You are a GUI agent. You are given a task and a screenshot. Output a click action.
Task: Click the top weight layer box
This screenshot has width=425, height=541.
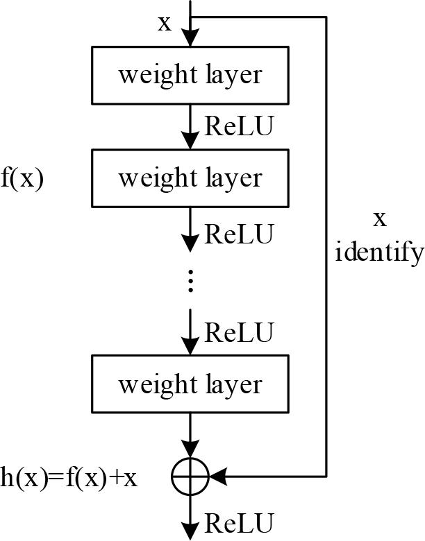click(190, 75)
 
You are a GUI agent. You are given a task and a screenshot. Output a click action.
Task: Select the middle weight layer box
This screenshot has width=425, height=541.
click(190, 178)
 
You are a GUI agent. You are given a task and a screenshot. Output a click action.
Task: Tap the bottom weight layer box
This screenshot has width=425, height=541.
click(190, 384)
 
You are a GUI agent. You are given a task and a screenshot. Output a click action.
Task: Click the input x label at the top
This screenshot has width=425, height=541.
click(165, 23)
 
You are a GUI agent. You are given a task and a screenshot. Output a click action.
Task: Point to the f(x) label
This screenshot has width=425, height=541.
click(22, 179)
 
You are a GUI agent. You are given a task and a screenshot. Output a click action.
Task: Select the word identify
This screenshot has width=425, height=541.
click(378, 252)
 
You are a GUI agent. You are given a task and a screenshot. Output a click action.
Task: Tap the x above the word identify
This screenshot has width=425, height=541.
click(379, 219)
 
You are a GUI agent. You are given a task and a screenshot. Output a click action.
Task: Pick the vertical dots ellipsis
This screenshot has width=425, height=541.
click(190, 281)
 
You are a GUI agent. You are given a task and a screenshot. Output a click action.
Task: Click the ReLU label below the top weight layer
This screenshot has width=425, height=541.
click(239, 127)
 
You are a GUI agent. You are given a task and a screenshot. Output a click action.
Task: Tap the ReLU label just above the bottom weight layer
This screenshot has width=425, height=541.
click(239, 333)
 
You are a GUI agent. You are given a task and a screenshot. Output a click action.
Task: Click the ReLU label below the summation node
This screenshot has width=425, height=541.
click(239, 522)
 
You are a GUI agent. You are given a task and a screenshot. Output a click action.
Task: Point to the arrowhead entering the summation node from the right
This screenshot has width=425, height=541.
click(217, 477)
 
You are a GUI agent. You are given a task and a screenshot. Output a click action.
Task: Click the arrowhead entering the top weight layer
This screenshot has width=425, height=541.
click(190, 40)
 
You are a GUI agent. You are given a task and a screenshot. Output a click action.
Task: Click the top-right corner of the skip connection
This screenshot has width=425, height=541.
click(326, 17)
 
